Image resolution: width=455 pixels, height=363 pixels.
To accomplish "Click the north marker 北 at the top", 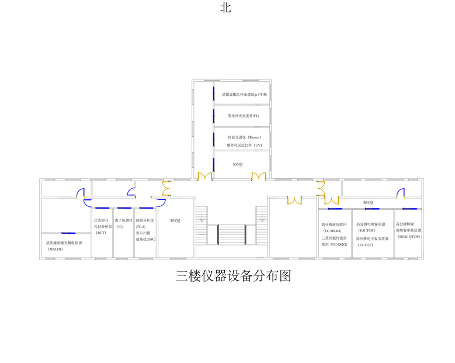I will point(225,8).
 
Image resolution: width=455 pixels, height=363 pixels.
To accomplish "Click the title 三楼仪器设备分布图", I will point(233,276).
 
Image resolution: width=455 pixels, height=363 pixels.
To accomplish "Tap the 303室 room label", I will point(237,164).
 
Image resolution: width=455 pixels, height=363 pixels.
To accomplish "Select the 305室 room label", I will point(175,220).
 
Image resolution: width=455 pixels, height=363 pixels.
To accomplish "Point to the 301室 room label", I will point(367,203).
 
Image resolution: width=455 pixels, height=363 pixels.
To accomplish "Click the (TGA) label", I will point(141,226).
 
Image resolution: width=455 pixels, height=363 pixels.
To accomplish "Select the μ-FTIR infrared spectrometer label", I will point(244,94).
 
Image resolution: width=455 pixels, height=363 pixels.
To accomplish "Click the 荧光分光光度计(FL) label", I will point(244,116).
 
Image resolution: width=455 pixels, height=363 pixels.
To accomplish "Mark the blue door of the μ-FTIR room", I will point(214,93).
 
